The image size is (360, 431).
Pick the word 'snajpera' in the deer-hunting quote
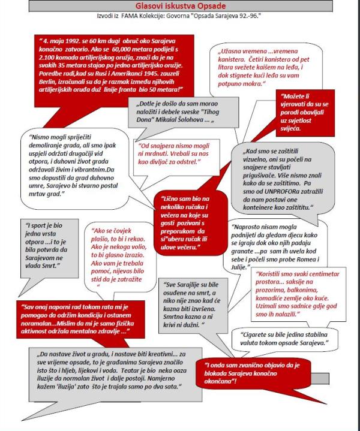tap(158, 146)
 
